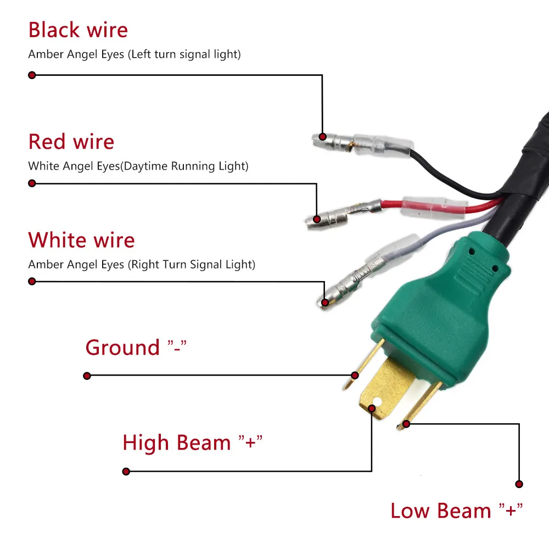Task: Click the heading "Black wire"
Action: point(78,30)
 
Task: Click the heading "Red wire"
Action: point(71,142)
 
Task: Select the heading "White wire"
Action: point(81,240)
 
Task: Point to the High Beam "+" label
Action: point(193,442)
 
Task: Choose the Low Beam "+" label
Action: point(456,511)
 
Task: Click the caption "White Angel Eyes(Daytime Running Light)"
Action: point(138,166)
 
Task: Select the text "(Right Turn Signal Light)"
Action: point(192,265)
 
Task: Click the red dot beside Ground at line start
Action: point(87,376)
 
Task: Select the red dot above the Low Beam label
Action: point(519,484)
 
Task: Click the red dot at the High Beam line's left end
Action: point(126,471)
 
